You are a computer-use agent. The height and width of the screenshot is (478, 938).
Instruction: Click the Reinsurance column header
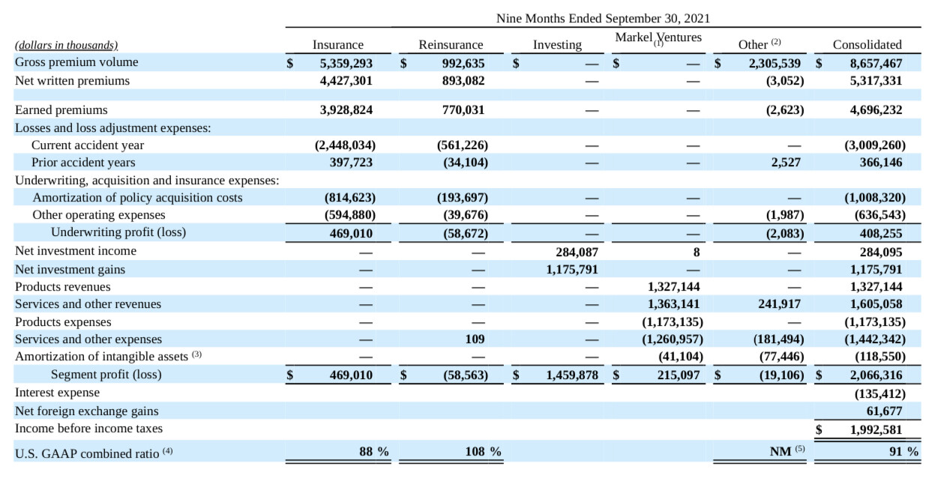451,45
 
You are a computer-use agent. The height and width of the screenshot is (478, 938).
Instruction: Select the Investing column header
557,45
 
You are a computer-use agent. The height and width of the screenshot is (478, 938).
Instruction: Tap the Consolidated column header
867,45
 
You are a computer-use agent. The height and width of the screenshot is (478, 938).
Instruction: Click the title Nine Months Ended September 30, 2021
603,19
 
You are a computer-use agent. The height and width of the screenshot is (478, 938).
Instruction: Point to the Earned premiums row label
61,109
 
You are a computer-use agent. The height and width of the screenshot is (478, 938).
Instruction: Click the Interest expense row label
58,393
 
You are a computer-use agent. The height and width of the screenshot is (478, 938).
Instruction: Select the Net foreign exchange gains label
87,411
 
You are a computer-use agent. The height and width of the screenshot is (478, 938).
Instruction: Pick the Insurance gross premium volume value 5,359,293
346,63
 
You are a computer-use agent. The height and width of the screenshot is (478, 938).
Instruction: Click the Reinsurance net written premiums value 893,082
463,81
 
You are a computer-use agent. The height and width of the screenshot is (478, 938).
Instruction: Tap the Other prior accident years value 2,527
786,163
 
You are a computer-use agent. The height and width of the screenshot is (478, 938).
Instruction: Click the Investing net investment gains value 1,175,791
572,270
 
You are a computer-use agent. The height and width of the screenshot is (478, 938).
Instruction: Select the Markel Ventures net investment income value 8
697,252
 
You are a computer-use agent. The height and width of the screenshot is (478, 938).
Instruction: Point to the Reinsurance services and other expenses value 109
475,339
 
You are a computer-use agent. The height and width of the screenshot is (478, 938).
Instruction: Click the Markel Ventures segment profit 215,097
679,375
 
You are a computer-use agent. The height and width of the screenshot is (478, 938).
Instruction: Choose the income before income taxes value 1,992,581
876,430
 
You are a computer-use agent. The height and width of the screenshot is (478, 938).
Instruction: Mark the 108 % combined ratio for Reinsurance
483,452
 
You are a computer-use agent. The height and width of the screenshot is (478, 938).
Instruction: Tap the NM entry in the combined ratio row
781,452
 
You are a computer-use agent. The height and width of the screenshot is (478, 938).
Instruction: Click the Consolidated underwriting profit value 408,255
881,234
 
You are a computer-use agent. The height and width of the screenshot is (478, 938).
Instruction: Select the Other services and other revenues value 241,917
779,304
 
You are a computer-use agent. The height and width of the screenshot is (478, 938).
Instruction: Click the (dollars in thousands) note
67,45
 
